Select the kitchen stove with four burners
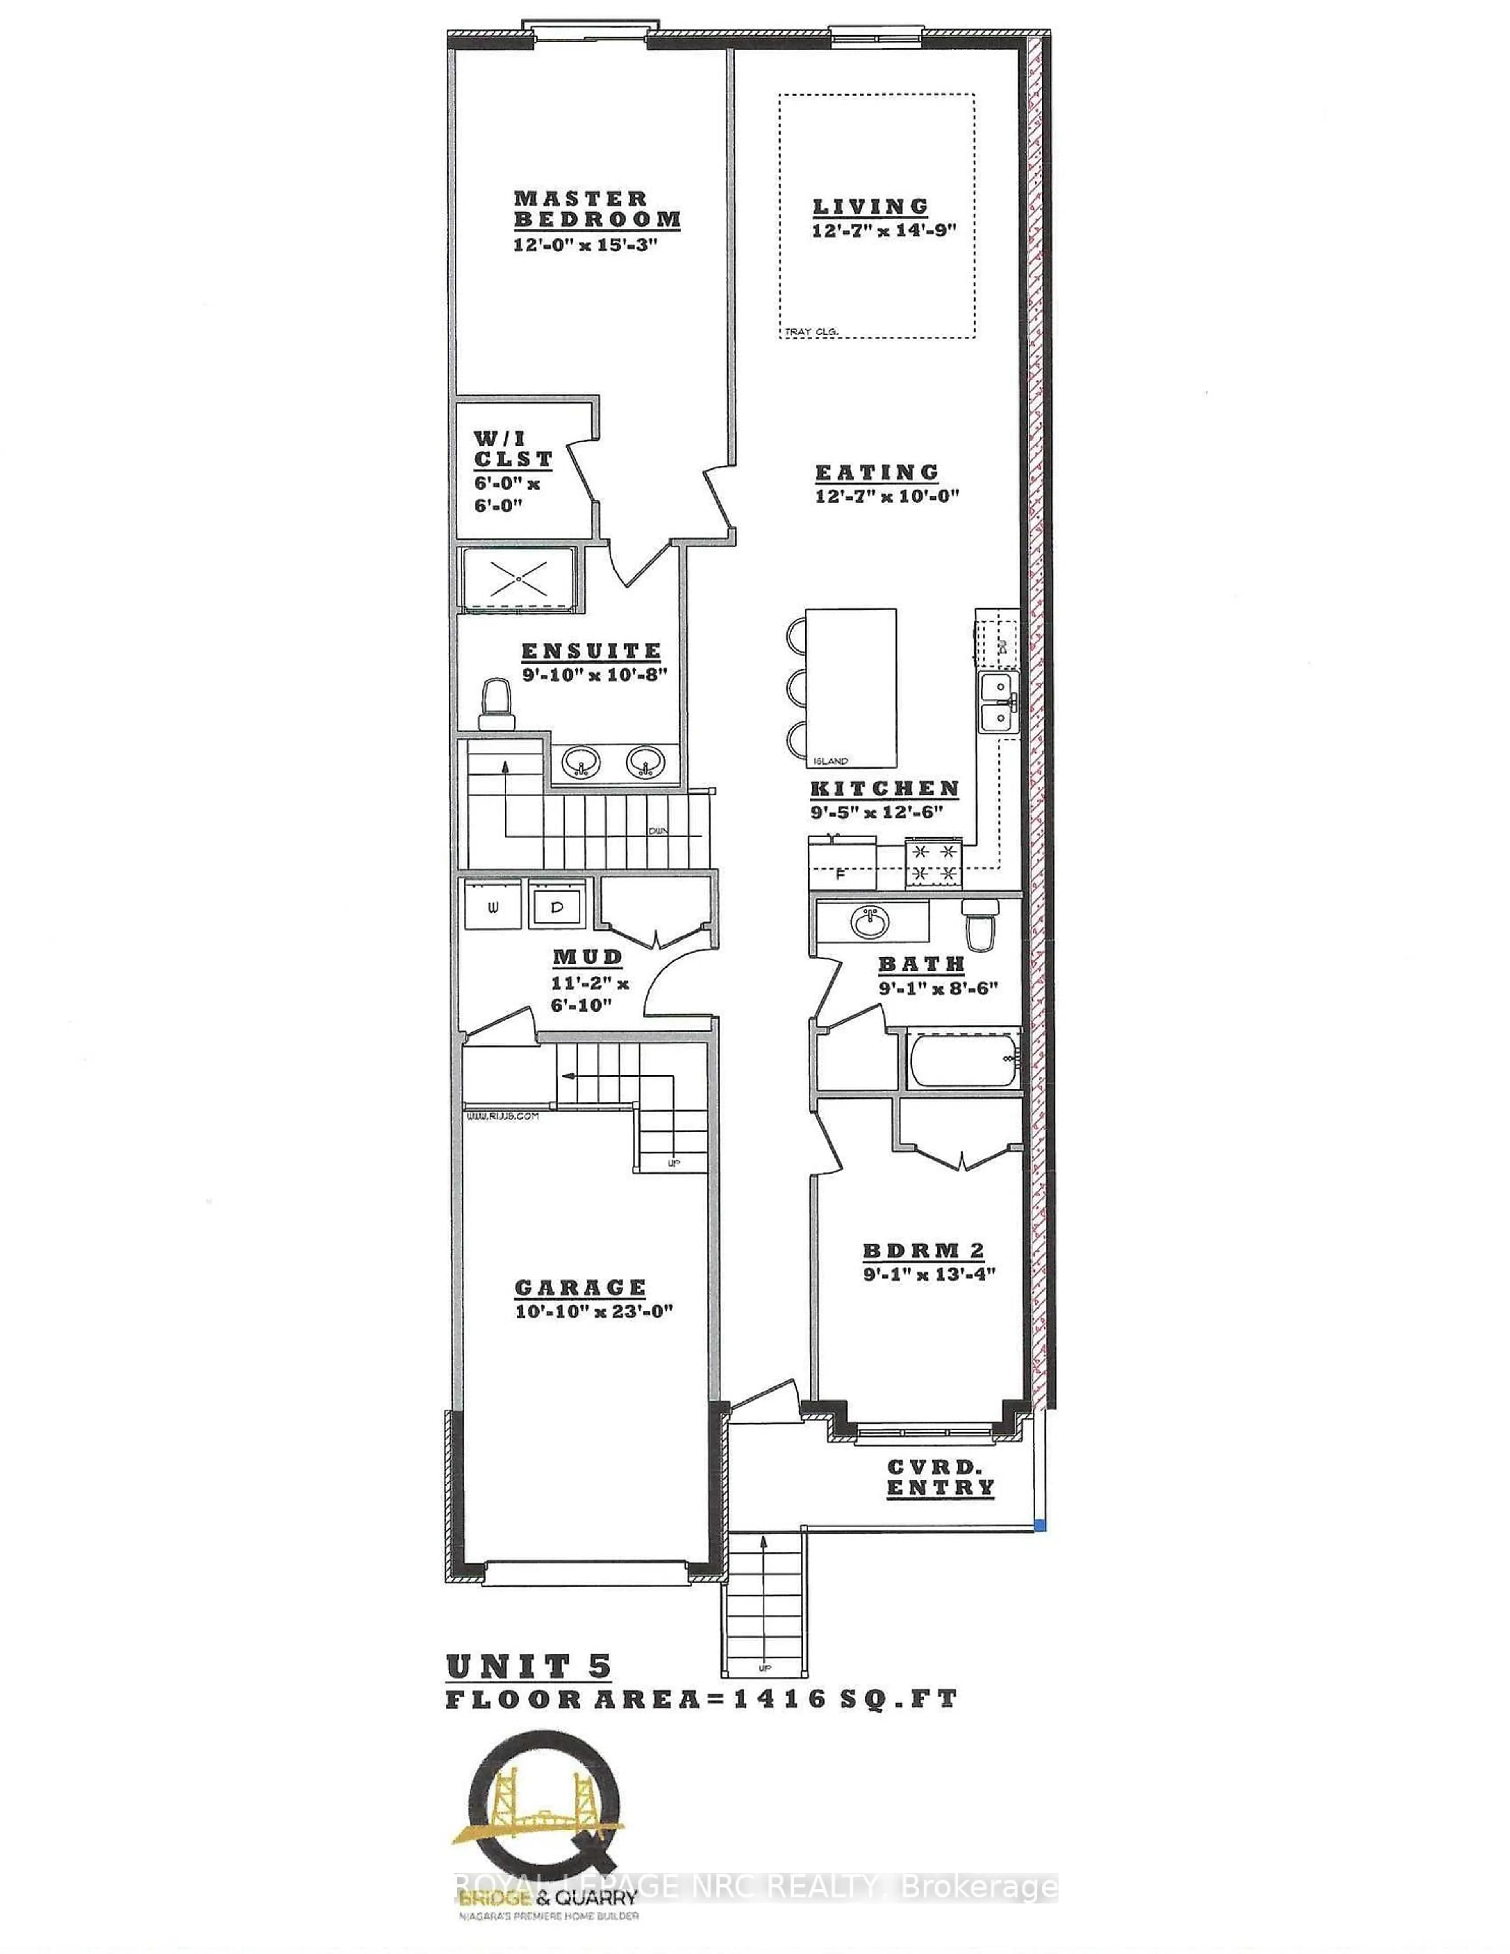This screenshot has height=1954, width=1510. tap(933, 863)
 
